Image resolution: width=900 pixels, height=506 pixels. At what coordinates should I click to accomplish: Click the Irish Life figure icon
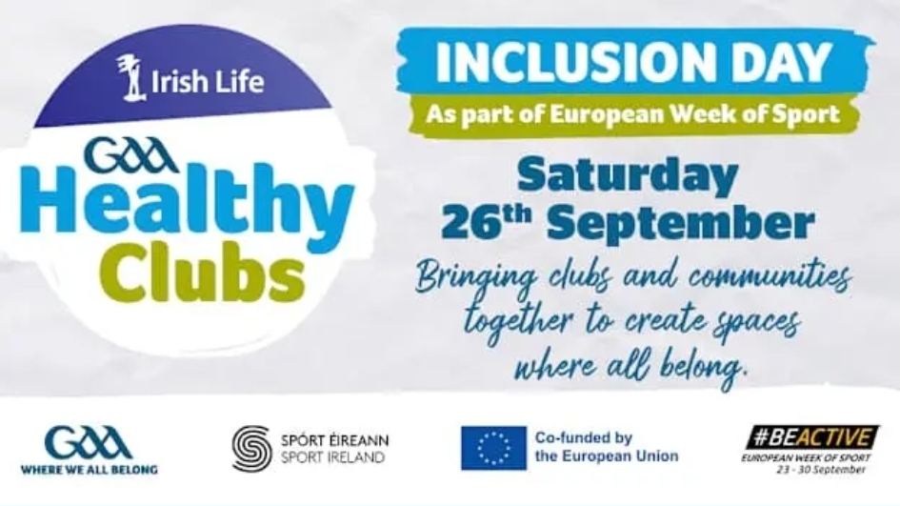130,77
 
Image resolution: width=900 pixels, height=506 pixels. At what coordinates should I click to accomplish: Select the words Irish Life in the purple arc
208,81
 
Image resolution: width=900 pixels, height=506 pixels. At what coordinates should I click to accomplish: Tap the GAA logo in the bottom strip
89,443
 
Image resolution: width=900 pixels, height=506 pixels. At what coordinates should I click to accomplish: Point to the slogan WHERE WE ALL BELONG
89,470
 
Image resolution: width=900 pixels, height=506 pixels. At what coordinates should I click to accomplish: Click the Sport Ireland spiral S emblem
252,449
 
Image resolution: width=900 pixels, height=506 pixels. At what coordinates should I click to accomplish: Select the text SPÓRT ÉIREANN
334,440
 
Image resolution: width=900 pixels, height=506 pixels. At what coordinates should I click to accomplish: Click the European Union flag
493,448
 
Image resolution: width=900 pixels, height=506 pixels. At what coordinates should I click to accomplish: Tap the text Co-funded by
583,438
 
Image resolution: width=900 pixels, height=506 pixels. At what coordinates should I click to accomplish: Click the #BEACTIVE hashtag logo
811,438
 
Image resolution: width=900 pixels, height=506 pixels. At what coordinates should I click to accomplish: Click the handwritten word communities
770,277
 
